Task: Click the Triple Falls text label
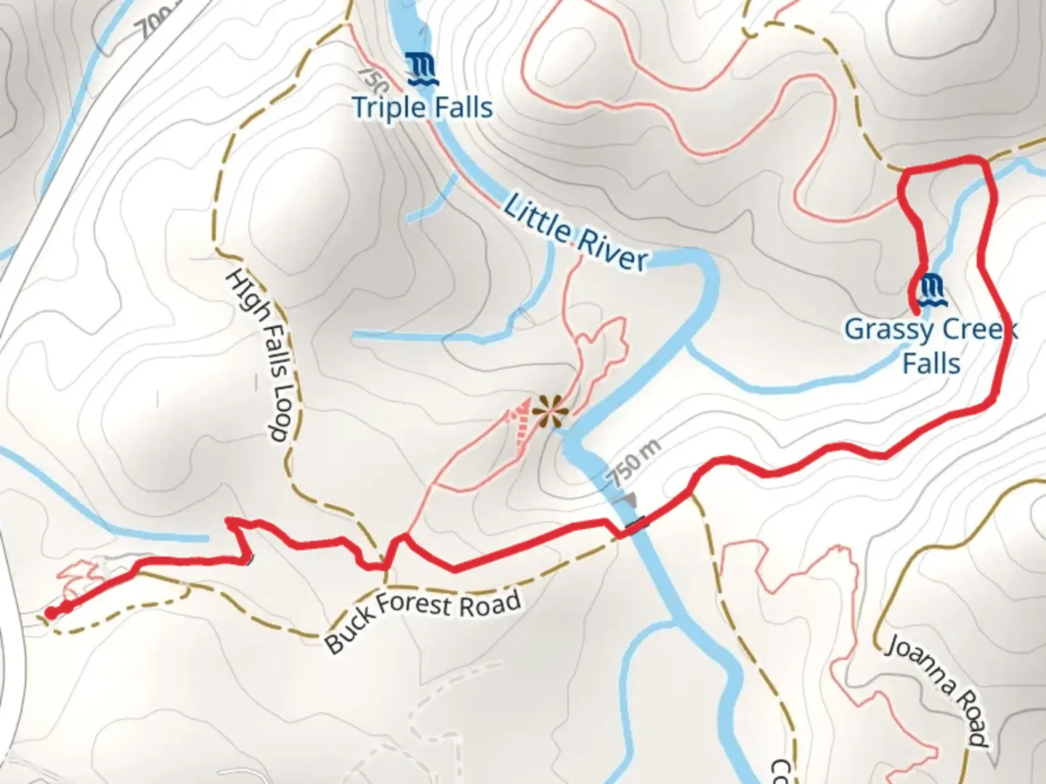(x=422, y=108)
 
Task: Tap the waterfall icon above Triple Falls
(x=421, y=69)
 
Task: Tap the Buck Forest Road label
(x=422, y=619)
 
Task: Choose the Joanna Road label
(x=938, y=691)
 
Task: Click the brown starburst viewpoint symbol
(x=551, y=413)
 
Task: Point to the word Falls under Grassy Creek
(x=931, y=363)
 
